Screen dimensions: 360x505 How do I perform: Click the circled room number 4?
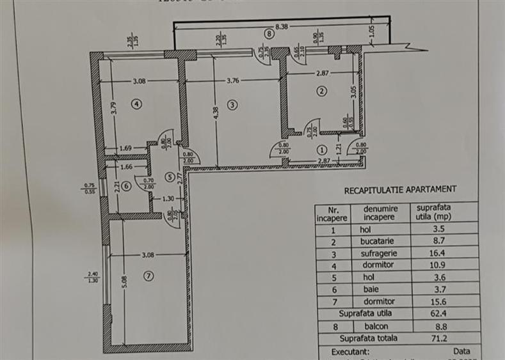tap(136, 103)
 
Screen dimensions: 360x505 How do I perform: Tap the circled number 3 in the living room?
tap(232, 104)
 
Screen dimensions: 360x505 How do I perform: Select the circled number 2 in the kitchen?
tap(322, 91)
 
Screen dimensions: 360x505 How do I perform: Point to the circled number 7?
tap(148, 276)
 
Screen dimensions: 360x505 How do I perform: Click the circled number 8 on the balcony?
tap(270, 34)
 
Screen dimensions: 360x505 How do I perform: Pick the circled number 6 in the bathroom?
tap(125, 186)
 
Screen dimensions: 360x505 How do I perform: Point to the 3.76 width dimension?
tap(233, 81)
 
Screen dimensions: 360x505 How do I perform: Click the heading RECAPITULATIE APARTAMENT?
tap(401, 189)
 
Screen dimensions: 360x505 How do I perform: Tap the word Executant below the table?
tap(350, 351)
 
